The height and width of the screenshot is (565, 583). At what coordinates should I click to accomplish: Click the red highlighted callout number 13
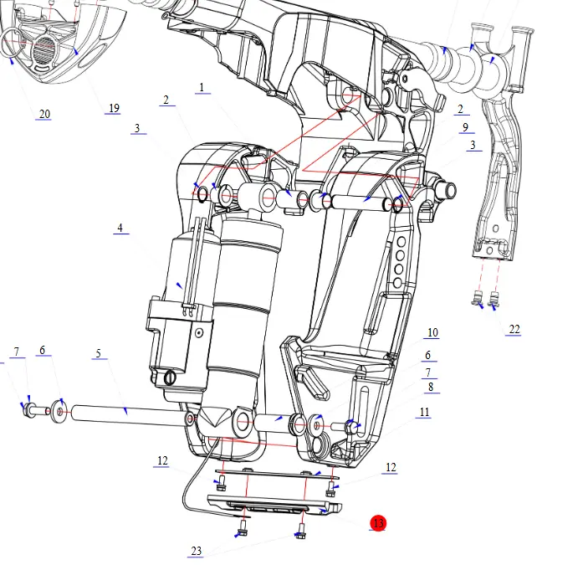point(378,523)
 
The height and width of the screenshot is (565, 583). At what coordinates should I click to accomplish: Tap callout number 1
point(202,87)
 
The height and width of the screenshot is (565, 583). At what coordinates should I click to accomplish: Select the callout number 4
point(120,228)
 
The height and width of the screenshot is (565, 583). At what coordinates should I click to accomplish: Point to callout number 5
point(98,353)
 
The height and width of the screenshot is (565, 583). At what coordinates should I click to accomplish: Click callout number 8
point(431,387)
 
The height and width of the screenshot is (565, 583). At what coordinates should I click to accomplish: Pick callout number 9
point(465,127)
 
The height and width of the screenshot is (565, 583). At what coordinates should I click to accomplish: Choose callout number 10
point(432,332)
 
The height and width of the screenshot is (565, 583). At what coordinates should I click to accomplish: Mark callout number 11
point(424,412)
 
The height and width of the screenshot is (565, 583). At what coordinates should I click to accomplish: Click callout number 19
point(114,108)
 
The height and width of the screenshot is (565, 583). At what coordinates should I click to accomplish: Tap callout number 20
point(44,114)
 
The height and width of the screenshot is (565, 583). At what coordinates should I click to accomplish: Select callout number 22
point(514,329)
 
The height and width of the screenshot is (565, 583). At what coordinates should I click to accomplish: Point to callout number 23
point(197,551)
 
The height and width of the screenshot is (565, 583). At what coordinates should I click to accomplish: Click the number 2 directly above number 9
point(460,109)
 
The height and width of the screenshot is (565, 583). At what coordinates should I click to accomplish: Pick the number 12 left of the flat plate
point(162,460)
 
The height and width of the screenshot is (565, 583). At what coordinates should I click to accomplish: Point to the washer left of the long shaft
point(58,411)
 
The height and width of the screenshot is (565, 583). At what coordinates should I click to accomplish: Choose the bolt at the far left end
point(30,410)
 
